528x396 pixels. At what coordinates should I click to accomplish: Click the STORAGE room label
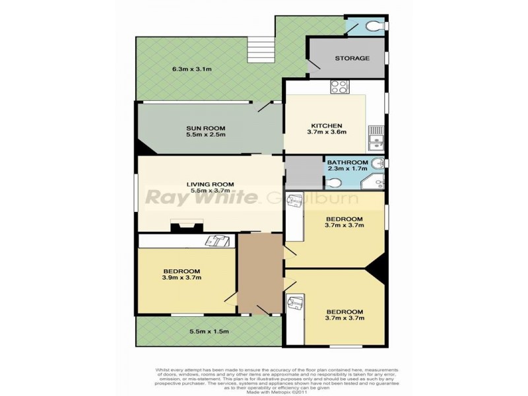click(x=352, y=58)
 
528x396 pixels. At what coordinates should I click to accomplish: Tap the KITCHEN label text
click(x=327, y=125)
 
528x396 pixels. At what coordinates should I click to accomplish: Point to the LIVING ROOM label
click(x=210, y=184)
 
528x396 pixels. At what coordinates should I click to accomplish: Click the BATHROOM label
click(x=348, y=162)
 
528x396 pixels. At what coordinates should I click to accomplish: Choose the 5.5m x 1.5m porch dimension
click(x=209, y=332)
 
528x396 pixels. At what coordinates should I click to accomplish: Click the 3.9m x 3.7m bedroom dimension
click(x=181, y=278)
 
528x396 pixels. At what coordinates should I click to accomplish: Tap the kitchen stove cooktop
click(x=339, y=86)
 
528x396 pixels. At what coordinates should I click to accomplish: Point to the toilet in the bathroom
click(x=334, y=183)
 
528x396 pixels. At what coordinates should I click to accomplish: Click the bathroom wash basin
click(x=378, y=164)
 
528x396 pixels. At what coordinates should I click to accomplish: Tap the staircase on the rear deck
click(x=261, y=49)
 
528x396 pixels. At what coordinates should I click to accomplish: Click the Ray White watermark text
click(x=201, y=197)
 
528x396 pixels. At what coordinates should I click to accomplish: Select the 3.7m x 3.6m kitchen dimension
click(x=327, y=132)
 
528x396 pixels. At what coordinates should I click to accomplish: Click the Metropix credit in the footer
click(x=264, y=391)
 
